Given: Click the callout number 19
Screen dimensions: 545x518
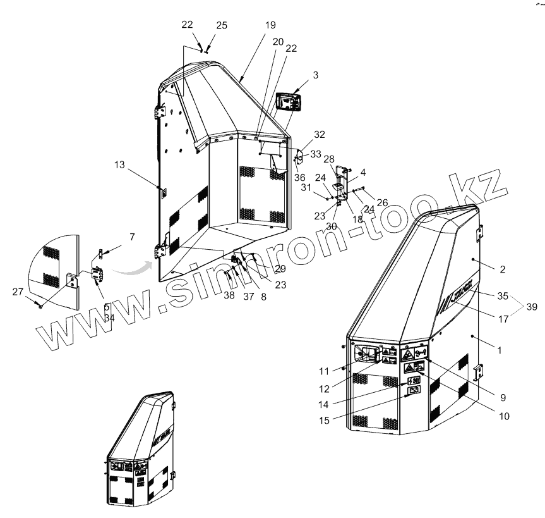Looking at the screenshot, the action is [270, 26].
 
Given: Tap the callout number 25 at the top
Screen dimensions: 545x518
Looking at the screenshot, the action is [221, 25].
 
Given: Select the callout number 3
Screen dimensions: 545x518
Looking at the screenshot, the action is [315, 75].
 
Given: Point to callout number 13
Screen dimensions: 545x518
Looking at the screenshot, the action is [120, 164].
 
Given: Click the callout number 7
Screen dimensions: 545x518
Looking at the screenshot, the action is [131, 237].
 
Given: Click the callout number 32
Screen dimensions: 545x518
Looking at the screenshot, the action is [319, 135].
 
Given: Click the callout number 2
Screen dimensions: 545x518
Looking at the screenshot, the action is [502, 270].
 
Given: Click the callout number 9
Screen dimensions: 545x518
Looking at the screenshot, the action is [503, 398].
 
